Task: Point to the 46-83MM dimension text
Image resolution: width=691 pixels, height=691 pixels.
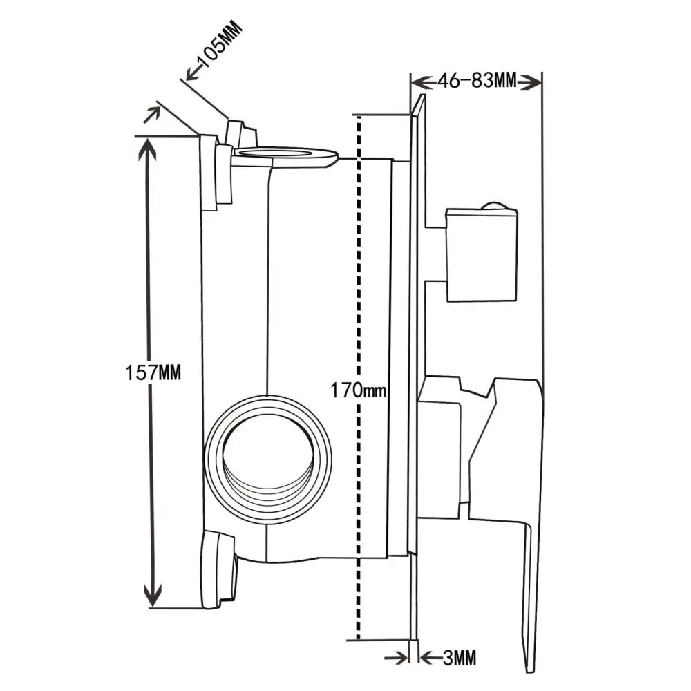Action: (x=477, y=82)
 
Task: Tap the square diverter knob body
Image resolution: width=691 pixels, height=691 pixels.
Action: (x=482, y=255)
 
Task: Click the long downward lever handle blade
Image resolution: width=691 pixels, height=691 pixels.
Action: (x=531, y=594)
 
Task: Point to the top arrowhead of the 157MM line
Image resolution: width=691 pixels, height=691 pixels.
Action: (x=151, y=149)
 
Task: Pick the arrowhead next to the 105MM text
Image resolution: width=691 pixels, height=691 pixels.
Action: (x=192, y=72)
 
